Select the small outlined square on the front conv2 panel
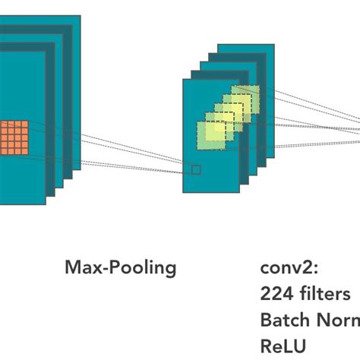196,169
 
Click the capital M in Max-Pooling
73,268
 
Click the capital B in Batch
265,319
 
